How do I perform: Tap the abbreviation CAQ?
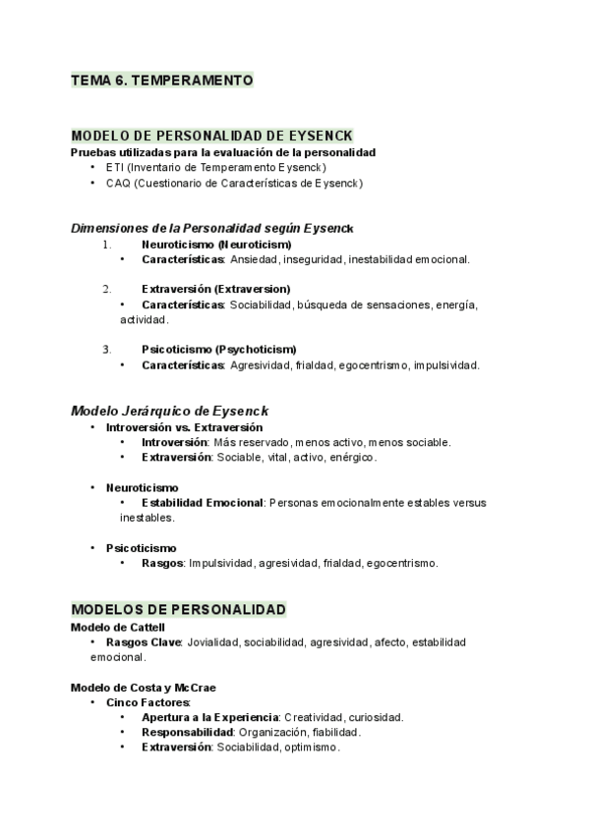pos(118,183)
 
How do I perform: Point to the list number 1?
pos(106,244)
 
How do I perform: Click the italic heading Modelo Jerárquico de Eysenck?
pos(169,410)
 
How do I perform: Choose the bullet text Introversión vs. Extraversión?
pos(184,427)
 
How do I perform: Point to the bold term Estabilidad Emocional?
pos(202,502)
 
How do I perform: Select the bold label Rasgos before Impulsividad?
pos(162,563)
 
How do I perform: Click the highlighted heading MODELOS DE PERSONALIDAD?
pos(179,609)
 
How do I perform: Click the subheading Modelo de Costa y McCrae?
pos(143,687)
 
